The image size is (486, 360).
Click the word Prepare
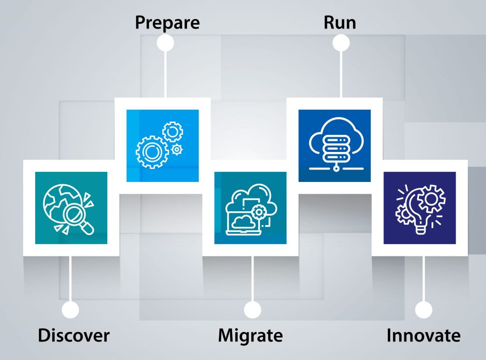[167, 22]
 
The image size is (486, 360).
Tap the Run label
[340, 22]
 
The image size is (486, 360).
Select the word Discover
[74, 335]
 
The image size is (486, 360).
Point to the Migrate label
[250, 335]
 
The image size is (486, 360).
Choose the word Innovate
[423, 335]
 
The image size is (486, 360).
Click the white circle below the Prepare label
[165, 43]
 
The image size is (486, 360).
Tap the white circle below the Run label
[341, 43]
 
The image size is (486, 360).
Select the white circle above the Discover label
[70, 310]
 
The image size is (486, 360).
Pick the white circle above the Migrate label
[252, 310]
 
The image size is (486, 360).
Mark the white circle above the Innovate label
[423, 310]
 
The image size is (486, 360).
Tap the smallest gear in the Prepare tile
[177, 150]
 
